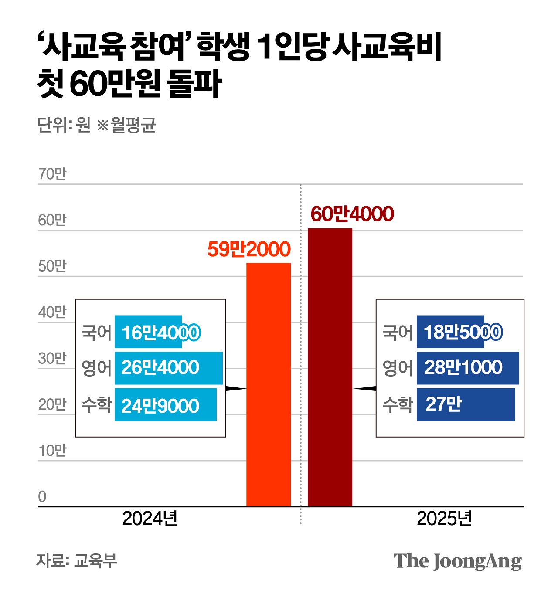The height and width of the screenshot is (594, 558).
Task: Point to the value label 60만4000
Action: click(x=352, y=214)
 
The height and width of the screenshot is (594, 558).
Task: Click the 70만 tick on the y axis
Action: click(x=52, y=174)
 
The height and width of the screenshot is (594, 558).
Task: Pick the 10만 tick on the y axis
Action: click(x=52, y=451)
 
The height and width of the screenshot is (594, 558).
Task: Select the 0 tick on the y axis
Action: click(x=42, y=496)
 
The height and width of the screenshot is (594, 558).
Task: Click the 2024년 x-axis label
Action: click(x=150, y=519)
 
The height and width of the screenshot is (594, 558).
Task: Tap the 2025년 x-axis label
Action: click(x=444, y=519)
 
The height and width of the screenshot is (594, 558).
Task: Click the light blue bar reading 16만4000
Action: click(x=148, y=332)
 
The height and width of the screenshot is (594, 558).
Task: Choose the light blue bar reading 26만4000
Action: click(x=169, y=368)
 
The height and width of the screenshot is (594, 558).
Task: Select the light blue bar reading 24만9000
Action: click(x=166, y=405)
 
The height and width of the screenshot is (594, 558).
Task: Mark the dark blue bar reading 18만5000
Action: click(x=450, y=332)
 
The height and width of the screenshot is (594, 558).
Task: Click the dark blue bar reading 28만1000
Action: click(x=468, y=368)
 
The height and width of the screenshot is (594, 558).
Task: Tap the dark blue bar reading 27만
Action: click(x=466, y=404)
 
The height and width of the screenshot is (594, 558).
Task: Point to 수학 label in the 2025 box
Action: click(x=397, y=405)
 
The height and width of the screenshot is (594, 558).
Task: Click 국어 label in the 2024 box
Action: click(x=96, y=333)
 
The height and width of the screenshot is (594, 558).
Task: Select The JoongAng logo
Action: click(x=457, y=561)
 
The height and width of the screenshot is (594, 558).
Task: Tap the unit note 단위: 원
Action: click(x=64, y=125)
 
